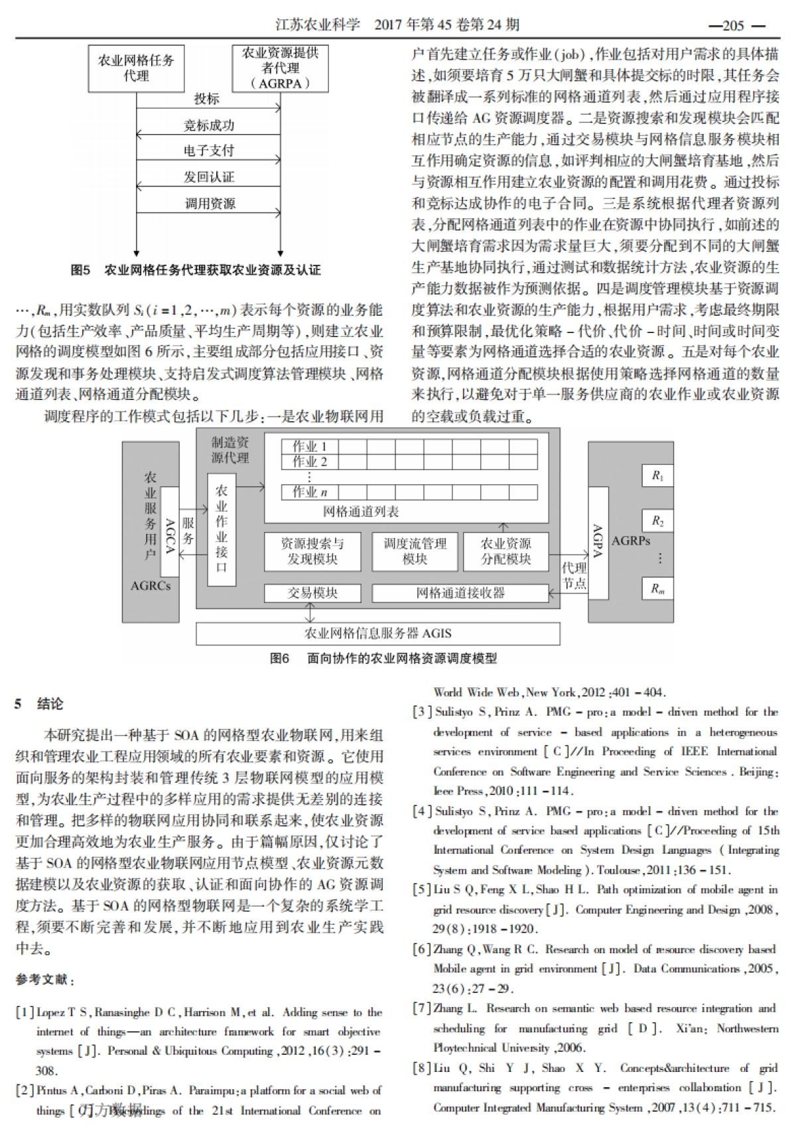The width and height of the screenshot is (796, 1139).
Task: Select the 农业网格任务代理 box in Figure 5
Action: [136, 68]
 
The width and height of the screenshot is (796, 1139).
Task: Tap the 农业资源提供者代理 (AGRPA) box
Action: [280, 68]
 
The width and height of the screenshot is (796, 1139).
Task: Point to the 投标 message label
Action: [206, 99]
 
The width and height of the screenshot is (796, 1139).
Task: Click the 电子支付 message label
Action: [208, 151]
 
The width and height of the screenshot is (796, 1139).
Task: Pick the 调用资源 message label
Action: [209, 204]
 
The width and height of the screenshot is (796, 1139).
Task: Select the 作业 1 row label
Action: [309, 446]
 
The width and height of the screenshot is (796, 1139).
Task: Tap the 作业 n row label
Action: [309, 492]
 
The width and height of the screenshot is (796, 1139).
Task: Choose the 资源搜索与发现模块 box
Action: [312, 551]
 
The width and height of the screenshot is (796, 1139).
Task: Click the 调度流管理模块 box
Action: [415, 551]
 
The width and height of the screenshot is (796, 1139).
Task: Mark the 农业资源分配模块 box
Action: [505, 551]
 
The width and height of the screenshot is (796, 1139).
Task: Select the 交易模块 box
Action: [312, 592]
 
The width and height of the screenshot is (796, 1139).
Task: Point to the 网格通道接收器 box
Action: [460, 592]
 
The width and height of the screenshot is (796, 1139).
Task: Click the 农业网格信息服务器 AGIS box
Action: [377, 633]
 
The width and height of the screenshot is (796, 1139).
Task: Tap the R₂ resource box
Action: [657, 521]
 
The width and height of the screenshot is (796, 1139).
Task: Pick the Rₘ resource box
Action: [657, 588]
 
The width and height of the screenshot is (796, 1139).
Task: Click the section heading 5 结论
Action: [40, 704]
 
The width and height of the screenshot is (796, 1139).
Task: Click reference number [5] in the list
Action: [423, 890]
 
